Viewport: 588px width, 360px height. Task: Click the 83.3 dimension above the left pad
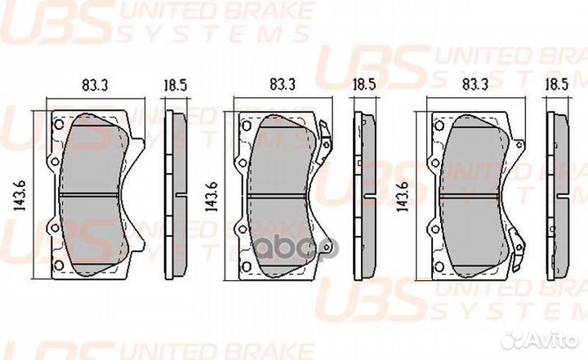[96, 85]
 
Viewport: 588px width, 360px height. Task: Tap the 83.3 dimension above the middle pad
[283, 84]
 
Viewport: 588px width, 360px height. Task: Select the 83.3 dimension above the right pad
[475, 84]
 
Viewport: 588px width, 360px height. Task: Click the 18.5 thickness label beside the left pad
[175, 85]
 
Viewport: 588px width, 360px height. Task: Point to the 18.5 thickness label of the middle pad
[363, 84]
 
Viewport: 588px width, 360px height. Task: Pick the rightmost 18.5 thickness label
[557, 84]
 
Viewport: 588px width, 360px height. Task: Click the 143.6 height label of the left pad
[20, 195]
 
